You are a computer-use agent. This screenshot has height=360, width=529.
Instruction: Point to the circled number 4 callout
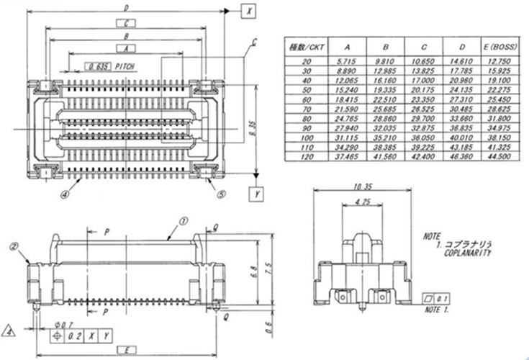coord(65,194)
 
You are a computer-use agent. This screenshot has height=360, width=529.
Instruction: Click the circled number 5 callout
coord(221,193)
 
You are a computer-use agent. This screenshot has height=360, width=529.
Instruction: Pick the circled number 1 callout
coord(182,222)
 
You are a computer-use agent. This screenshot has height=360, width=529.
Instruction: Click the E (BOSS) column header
coord(494,47)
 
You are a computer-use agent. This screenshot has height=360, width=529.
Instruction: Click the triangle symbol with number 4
coord(9,332)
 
